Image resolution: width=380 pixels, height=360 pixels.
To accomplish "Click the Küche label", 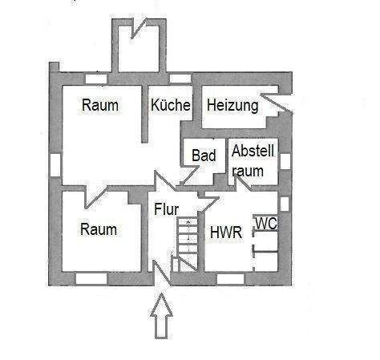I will pos(170,105).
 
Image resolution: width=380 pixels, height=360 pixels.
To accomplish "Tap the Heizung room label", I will pos(232,105).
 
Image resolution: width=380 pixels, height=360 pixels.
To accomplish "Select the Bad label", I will pos(204,156).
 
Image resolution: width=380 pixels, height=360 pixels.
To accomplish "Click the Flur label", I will pos(166,211).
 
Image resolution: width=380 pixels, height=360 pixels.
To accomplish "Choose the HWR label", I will pos(225,233).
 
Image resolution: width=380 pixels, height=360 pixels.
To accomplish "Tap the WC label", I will pos(267,224).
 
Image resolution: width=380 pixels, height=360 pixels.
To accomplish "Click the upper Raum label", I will pos(100,105).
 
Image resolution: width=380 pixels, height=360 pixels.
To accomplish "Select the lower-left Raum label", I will pos(99,229).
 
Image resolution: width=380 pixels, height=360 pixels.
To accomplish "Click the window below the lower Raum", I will pos(91,278).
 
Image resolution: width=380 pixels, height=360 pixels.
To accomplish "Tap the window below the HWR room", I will pos(230,278).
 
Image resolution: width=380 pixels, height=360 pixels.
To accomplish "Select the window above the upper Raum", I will pos(95,78).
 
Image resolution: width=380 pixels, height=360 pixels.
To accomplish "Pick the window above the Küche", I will pos(180,78).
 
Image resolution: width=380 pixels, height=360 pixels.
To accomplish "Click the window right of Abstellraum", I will pos(285,160).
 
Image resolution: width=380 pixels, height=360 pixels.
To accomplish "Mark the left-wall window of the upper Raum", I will pos(55,164).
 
